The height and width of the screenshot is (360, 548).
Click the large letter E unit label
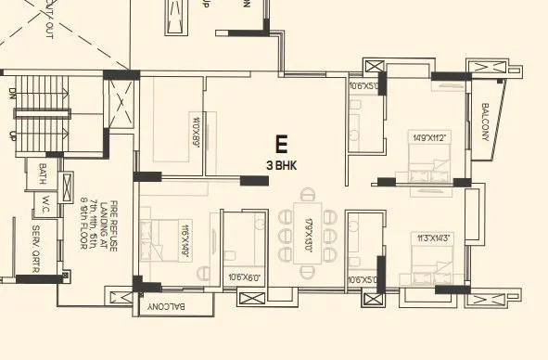tap(281, 144)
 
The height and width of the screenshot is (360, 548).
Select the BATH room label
tap(43, 174)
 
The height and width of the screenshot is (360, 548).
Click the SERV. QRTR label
tap(36, 246)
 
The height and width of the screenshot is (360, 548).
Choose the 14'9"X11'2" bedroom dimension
tap(429, 139)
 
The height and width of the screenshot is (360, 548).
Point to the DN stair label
tap(13, 93)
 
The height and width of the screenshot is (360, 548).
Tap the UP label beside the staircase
tap(13, 135)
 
